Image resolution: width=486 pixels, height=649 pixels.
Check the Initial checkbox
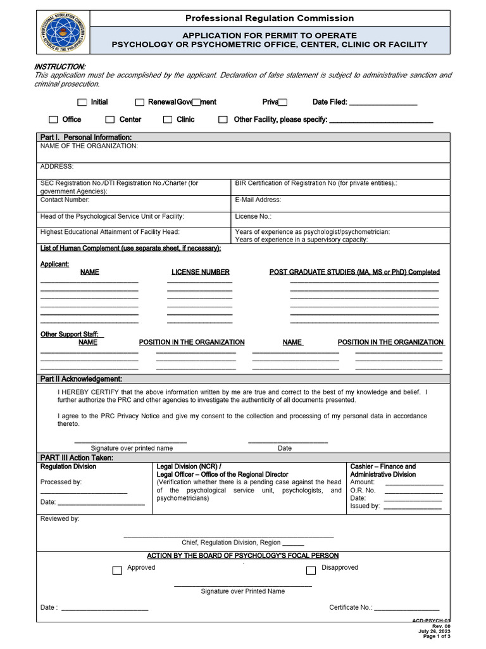coord(82,102)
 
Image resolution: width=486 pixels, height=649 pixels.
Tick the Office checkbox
coord(54,119)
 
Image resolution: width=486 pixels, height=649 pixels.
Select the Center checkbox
coord(110,119)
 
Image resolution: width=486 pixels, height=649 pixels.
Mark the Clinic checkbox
coord(168,119)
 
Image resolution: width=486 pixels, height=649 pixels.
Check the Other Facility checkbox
coord(223,119)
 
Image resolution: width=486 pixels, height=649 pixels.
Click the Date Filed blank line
coord(383,103)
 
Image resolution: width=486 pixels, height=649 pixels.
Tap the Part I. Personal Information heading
coord(86,137)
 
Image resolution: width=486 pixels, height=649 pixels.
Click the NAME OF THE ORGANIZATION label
coord(89,146)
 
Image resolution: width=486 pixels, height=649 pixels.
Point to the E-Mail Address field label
coord(258,200)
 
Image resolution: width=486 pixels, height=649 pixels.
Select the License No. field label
coord(253,216)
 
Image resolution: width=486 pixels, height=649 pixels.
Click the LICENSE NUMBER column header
coord(200,272)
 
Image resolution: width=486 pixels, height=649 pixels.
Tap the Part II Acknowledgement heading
coord(81,379)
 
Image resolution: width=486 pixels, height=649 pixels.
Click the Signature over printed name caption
coord(132,448)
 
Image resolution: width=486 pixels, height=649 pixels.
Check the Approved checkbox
coord(117,570)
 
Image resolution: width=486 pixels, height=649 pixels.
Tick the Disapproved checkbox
coord(311,570)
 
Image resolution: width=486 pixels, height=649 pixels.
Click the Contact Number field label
coord(65,200)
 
